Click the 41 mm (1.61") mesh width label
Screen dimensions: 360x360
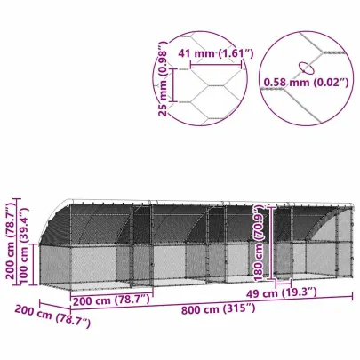pyautogui.click(x=213, y=53)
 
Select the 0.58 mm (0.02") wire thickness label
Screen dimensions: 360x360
pyautogui.click(x=304, y=85)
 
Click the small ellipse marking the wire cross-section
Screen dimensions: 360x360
pyautogui.click(x=307, y=65)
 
